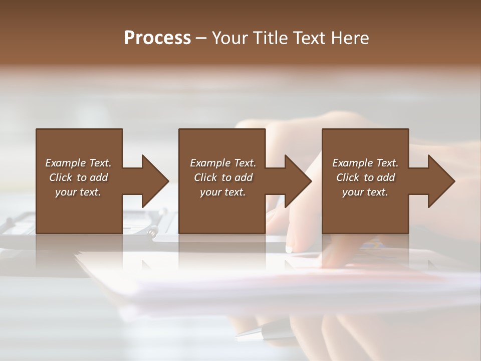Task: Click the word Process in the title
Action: point(157,38)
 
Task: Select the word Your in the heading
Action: point(228,38)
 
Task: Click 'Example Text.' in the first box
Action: point(78,163)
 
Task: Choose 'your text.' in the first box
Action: point(78,192)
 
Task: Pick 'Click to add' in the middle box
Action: point(223,177)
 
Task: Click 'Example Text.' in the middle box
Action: point(223,163)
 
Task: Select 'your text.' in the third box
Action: point(365,192)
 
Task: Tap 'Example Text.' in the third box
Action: point(365,163)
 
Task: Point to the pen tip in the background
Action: point(239,335)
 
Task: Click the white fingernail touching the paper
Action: point(289,249)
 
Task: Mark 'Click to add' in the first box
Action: point(78,177)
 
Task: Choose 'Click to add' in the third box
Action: point(365,177)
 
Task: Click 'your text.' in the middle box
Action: point(223,192)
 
